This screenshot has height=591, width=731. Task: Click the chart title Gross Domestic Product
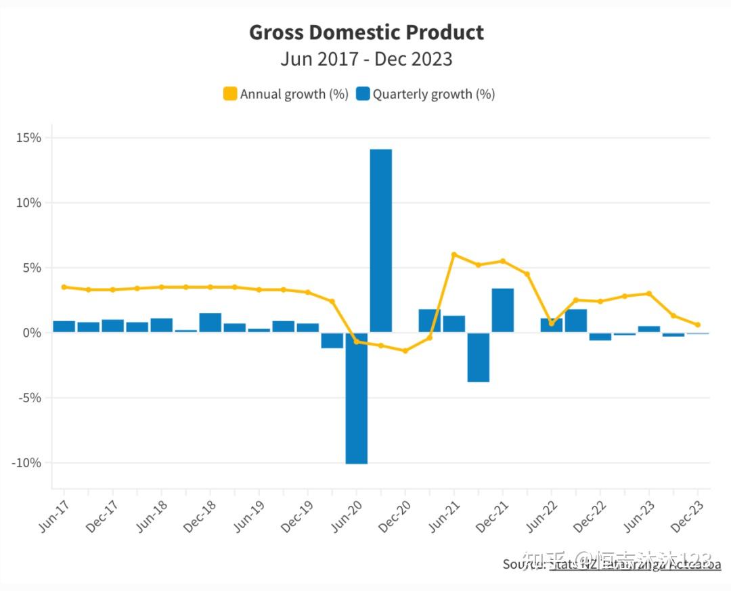click(366, 32)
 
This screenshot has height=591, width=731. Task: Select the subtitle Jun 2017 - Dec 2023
click(366, 59)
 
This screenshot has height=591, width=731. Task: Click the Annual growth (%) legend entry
click(286, 94)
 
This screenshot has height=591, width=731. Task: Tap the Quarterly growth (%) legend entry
click(426, 94)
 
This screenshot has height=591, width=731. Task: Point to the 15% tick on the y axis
click(28, 138)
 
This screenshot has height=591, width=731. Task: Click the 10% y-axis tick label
click(28, 203)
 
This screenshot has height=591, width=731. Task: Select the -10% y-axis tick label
click(26, 463)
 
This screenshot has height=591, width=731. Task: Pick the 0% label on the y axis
click(31, 333)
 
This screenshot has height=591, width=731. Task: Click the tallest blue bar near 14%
click(381, 240)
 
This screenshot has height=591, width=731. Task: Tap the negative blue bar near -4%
click(479, 357)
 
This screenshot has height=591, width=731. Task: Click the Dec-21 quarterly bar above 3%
click(503, 310)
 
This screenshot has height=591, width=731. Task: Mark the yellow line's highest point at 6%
click(454, 255)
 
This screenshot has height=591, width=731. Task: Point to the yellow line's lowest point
click(405, 351)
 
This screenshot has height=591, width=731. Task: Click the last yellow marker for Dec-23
click(698, 325)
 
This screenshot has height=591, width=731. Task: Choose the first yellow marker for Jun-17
click(64, 287)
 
